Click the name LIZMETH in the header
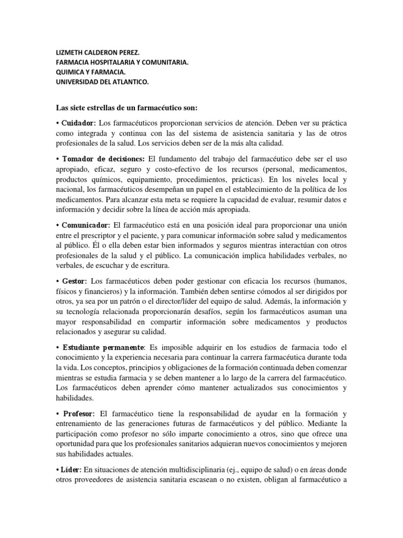(x=70, y=54)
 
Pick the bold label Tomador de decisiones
(x=104, y=159)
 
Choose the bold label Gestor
(x=75, y=281)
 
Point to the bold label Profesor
(x=78, y=413)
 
